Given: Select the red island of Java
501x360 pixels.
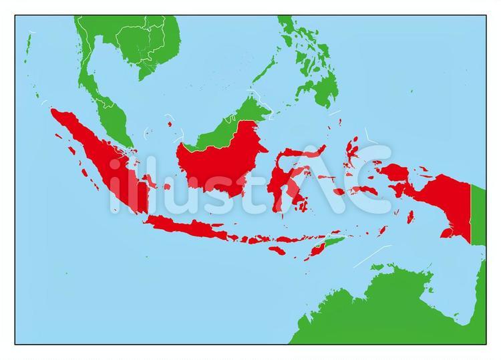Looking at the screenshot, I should (x=194, y=227).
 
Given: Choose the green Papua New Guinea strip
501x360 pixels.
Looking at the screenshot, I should (x=478, y=214).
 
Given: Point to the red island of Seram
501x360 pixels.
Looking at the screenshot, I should (x=364, y=190).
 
